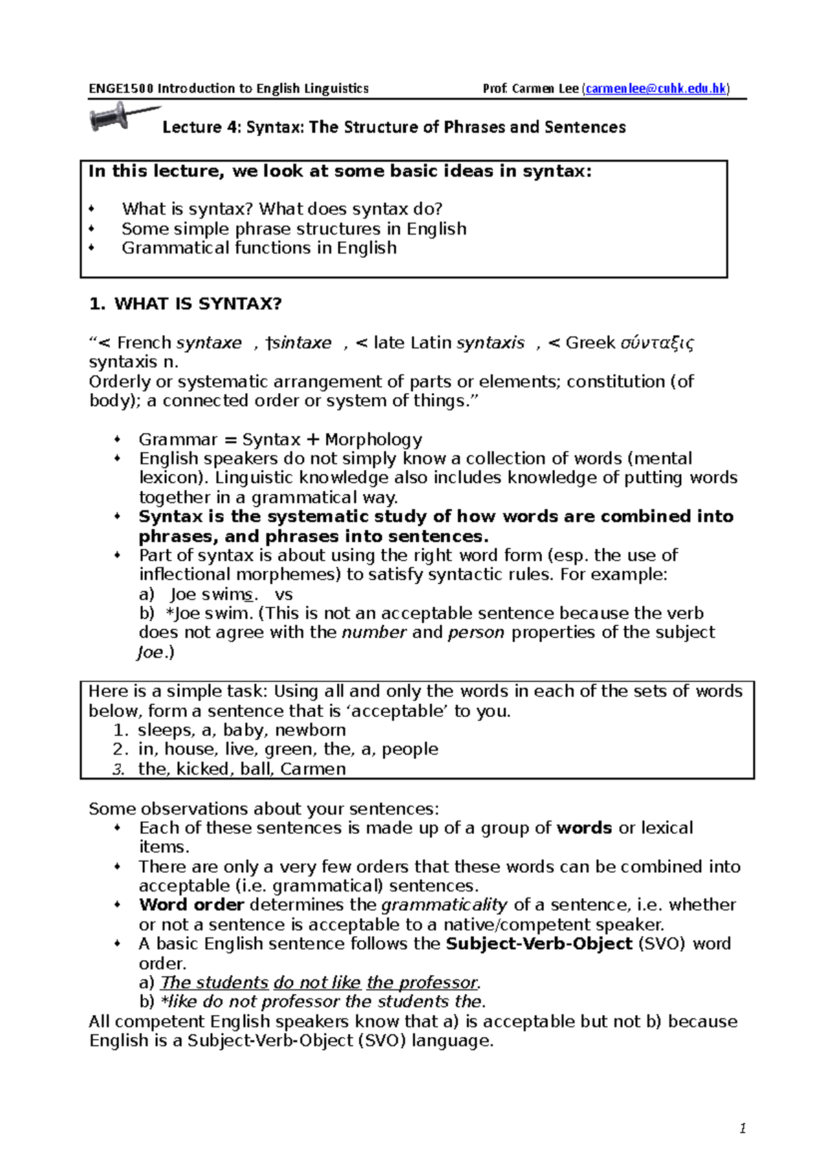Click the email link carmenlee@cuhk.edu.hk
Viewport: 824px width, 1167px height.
656,89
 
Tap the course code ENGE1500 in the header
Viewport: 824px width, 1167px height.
122,89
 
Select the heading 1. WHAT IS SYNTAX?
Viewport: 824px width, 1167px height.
185,304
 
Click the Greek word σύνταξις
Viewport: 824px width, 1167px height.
656,343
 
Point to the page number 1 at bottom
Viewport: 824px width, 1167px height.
742,1129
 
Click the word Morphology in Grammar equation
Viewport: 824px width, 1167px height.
374,440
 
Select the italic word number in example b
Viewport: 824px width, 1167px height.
374,632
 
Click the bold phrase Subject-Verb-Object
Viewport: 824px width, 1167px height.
539,944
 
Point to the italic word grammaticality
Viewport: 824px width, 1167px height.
444,905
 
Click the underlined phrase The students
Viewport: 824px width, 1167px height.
214,983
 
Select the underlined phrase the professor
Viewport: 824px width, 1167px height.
422,983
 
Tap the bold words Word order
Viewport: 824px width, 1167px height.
192,905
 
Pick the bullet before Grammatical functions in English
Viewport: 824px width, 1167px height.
92,248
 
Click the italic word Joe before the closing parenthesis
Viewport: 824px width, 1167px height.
150,652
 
